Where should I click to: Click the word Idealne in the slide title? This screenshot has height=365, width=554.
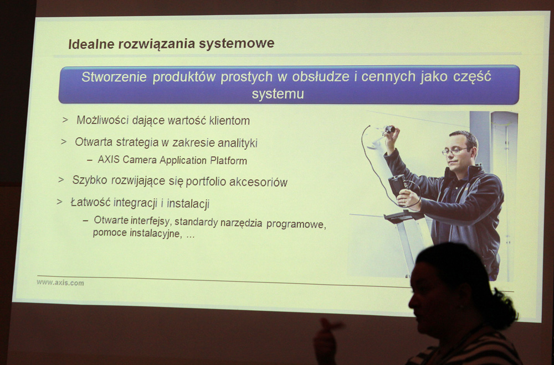pos(91,44)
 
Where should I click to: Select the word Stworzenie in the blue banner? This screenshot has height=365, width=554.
pos(114,77)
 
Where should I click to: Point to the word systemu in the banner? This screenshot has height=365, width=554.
pos(278,94)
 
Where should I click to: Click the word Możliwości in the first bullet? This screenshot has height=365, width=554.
pos(102,120)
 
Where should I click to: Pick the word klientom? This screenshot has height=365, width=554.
pos(229,121)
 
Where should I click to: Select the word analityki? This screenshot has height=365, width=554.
pos(238,143)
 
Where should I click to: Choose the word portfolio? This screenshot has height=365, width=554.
pos(206,181)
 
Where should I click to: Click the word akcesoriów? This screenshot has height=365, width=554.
pos(258,182)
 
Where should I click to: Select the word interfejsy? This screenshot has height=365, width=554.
pos(151,221)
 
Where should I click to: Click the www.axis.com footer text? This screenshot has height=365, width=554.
pos(60,283)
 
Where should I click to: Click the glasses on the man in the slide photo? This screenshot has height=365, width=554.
pos(454,151)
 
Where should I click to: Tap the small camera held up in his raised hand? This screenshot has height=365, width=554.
pos(389,129)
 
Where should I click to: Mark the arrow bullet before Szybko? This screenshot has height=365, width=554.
pos(61,180)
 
